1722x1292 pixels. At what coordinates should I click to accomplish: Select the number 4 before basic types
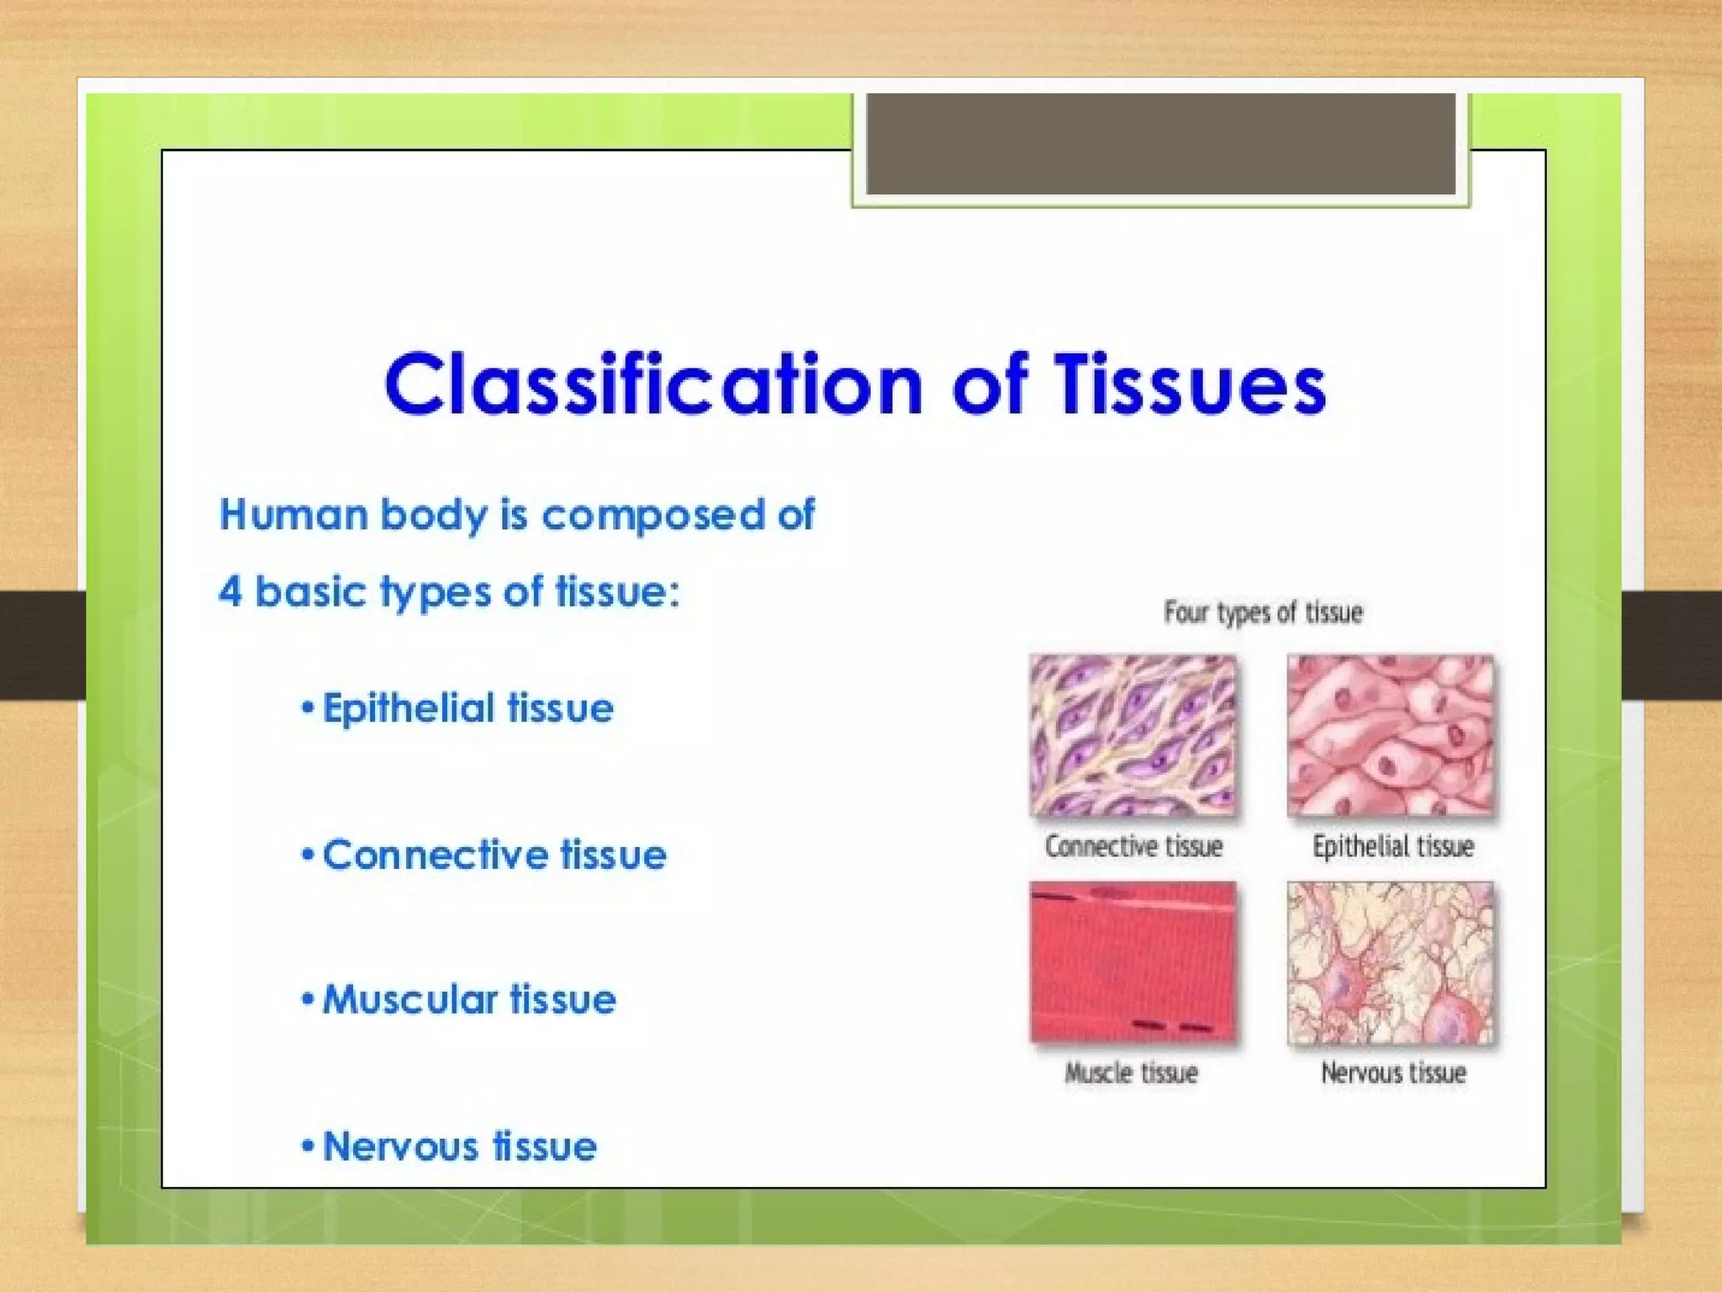click(x=230, y=591)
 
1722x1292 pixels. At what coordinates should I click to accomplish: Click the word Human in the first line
click(x=293, y=514)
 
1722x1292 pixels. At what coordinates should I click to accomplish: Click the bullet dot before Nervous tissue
click(x=308, y=1146)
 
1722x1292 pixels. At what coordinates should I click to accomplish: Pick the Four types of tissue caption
click(x=1262, y=612)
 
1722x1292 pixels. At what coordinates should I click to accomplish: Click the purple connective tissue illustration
click(x=1133, y=735)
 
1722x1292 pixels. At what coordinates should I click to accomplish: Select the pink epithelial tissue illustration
click(x=1390, y=735)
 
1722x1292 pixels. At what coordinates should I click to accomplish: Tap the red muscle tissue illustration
click(x=1133, y=962)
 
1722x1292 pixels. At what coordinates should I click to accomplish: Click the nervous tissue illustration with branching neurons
click(x=1390, y=962)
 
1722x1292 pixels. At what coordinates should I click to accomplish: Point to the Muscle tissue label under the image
click(x=1131, y=1072)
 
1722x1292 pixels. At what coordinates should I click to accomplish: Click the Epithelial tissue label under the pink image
click(x=1392, y=846)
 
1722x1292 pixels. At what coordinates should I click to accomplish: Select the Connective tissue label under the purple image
click(x=1133, y=846)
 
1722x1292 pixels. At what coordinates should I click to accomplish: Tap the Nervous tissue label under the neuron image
click(x=1393, y=1072)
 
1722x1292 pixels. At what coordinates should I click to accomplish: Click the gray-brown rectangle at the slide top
click(x=1160, y=144)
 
